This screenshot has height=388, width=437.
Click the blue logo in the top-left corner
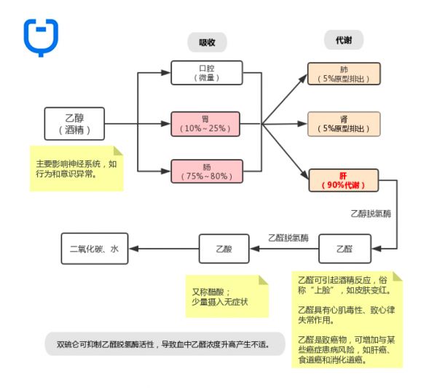41,36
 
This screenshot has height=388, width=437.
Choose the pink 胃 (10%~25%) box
205,123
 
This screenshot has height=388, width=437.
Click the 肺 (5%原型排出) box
344,74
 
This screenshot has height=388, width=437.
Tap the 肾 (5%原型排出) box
344,123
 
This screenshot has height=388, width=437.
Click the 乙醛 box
344,249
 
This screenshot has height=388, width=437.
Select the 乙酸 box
223,249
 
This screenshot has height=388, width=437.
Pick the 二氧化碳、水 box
95,249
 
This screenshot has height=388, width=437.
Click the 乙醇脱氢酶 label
371,214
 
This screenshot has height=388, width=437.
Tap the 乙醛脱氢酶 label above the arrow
288,238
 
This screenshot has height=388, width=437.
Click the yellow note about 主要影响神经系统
76,169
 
